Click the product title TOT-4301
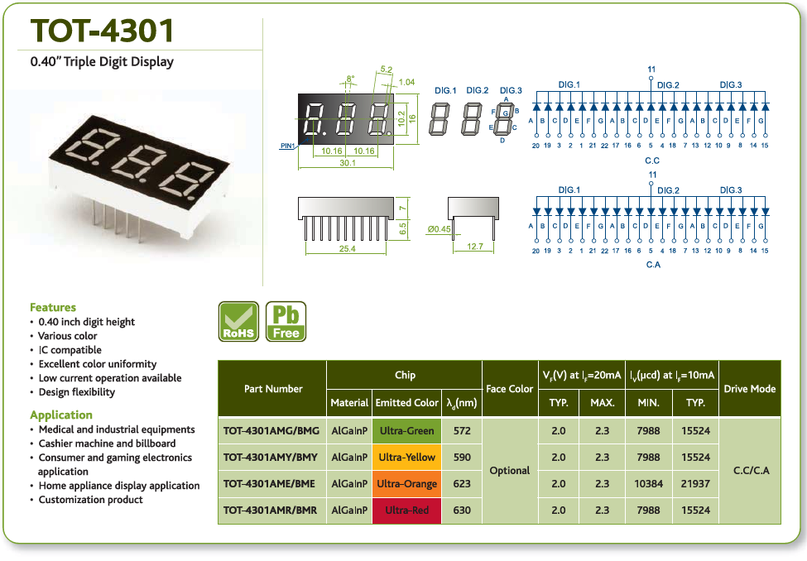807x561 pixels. [102, 31]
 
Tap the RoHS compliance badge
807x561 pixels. [238, 322]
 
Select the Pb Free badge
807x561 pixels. [286, 322]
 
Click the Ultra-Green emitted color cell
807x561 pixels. [406, 431]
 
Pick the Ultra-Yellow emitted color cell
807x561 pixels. [406, 457]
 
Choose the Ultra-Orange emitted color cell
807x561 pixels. [406, 484]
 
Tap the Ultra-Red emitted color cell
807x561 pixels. [406, 510]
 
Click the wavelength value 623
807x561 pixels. [462, 484]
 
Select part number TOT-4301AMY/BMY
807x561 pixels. [271, 457]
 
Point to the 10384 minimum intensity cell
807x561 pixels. [648, 484]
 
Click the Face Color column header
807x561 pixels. [510, 389]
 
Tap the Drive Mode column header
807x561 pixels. [749, 389]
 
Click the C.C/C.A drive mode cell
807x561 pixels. [752, 471]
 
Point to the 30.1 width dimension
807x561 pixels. [348, 163]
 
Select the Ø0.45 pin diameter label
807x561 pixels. [439, 229]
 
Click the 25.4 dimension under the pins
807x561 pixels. [348, 248]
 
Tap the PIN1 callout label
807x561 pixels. [287, 146]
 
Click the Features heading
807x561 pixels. [53, 307]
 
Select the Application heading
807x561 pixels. [61, 415]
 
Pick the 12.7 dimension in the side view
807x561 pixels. [475, 247]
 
